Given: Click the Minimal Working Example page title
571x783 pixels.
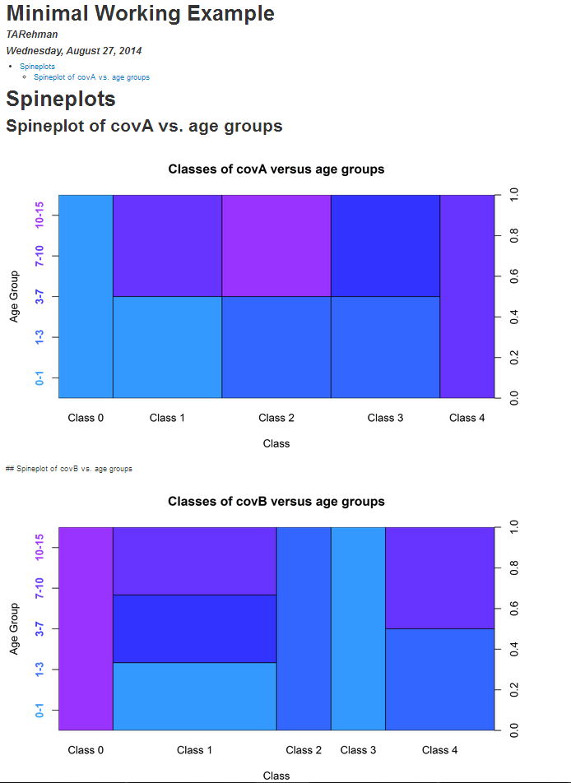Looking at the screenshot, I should coord(141,14).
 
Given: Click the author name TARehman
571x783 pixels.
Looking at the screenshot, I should coord(32,35).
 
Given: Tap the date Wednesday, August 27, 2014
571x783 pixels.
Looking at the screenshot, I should coord(74,51).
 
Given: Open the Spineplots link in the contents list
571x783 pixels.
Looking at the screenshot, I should coord(38,66).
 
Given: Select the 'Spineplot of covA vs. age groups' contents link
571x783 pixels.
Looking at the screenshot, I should coord(91,77).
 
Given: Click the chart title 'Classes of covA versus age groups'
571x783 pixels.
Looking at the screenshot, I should coord(276,169).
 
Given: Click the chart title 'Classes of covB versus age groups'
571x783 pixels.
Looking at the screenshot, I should coord(276,502).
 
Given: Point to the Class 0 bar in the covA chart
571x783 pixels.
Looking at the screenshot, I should coord(86,296).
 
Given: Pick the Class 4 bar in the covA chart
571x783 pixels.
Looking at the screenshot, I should coord(467,296).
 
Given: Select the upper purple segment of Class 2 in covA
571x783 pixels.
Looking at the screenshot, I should coord(276,245).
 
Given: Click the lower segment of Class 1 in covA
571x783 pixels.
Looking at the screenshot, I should coord(167,347).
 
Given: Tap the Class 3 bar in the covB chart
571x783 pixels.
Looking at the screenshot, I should coord(358,628).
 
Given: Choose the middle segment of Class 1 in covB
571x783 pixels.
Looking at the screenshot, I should coord(194,628).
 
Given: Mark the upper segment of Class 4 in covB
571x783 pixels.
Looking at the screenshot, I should coord(439,577).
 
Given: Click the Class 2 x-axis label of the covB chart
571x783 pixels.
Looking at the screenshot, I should coord(304,750).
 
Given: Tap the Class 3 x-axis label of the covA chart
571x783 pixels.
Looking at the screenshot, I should coord(385,418).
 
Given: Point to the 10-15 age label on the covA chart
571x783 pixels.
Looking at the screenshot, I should coord(39,215).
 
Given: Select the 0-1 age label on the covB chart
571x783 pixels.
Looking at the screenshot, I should coord(39,711).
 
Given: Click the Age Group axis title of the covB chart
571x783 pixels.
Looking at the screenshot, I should coord(14,628).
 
